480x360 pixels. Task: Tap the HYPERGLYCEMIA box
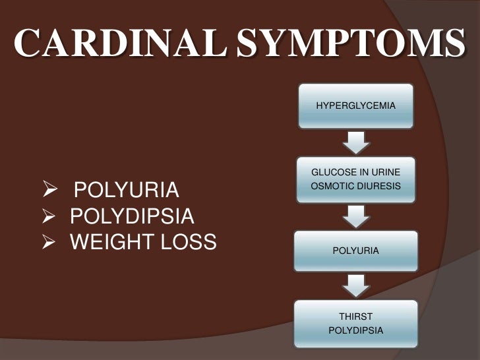pyautogui.click(x=356, y=105)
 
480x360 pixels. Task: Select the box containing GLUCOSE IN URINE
pyautogui.click(x=356, y=179)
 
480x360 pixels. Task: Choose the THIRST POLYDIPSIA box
pyautogui.click(x=356, y=322)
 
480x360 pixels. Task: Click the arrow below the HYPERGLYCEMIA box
pyautogui.click(x=356, y=142)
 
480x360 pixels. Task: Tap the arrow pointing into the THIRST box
pyautogui.click(x=356, y=285)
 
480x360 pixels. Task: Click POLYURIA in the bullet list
pyautogui.click(x=126, y=192)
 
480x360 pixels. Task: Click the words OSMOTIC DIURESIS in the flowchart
pyautogui.click(x=356, y=187)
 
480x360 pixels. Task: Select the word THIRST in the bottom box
pyautogui.click(x=356, y=316)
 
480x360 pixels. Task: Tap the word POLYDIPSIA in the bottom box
pyautogui.click(x=356, y=329)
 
